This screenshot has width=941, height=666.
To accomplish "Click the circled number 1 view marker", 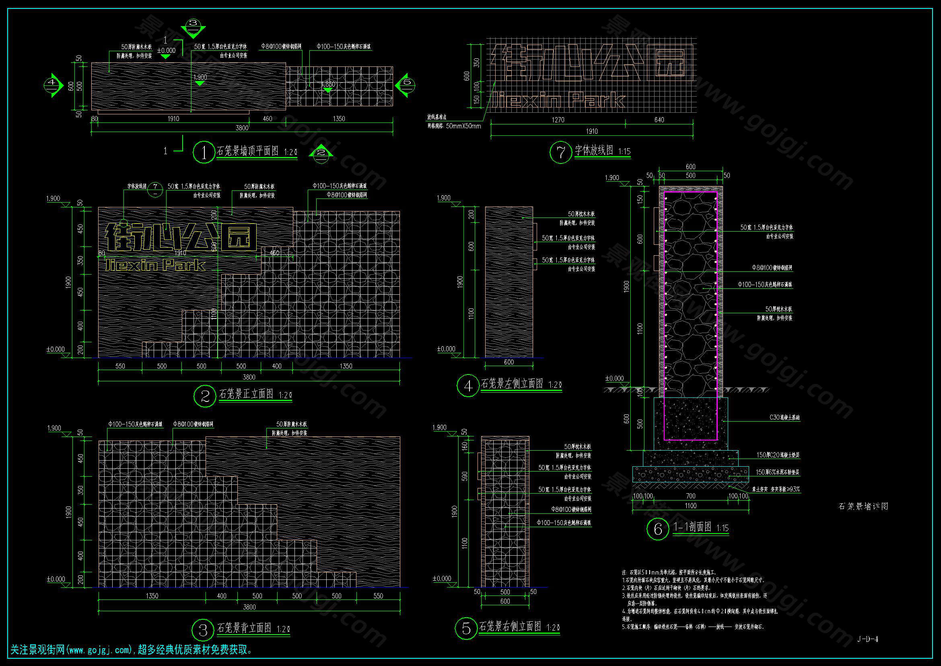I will pos(204,152).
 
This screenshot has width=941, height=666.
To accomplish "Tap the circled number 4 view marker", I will pos(467,385).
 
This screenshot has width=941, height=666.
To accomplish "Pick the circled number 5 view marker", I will pos(466,628).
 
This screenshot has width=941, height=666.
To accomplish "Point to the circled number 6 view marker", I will pos(657,529).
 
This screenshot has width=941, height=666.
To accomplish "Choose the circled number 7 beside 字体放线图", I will pos(560,152).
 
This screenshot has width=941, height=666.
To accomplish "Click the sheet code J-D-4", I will pos(868,639).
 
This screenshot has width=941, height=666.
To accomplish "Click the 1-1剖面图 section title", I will pos(693,527).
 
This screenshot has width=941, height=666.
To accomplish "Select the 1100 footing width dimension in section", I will pos(691,506).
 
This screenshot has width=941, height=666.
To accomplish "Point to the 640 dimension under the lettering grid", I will pos(659,120).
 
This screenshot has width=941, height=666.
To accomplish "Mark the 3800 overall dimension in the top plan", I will pos(242,128).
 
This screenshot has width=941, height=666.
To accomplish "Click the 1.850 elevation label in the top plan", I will pos(328,85).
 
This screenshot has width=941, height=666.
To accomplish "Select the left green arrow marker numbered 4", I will pos(52,85).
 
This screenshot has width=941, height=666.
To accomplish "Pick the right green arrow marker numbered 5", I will pos(406,85).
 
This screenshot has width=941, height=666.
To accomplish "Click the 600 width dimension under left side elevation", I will pos(509,362).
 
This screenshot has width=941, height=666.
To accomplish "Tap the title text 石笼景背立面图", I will pos(244,628).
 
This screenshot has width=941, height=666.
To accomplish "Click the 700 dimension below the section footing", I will pos(691,496).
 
